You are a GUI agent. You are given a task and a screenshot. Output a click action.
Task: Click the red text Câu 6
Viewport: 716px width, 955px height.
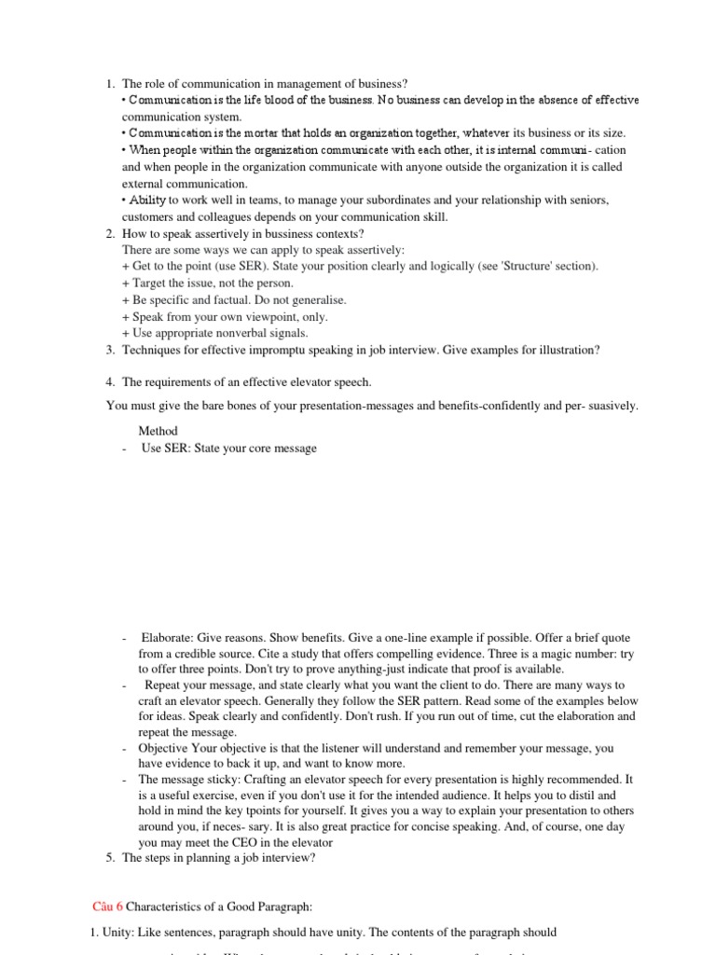point(107,906)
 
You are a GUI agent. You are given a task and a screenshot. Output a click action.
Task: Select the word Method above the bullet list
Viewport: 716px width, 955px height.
point(158,431)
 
